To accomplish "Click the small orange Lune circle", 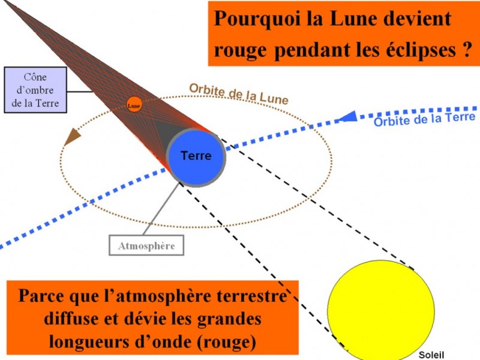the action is (134, 104).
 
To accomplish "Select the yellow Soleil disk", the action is (381, 310).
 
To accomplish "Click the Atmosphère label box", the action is (146, 245).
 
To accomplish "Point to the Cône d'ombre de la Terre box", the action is (35, 90).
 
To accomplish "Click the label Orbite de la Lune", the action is (239, 94).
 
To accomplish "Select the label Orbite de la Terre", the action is (425, 119).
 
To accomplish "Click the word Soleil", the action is (431, 355).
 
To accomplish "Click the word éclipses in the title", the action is (421, 51).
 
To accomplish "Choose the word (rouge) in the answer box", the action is (226, 341).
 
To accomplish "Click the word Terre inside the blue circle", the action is (196, 155).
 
